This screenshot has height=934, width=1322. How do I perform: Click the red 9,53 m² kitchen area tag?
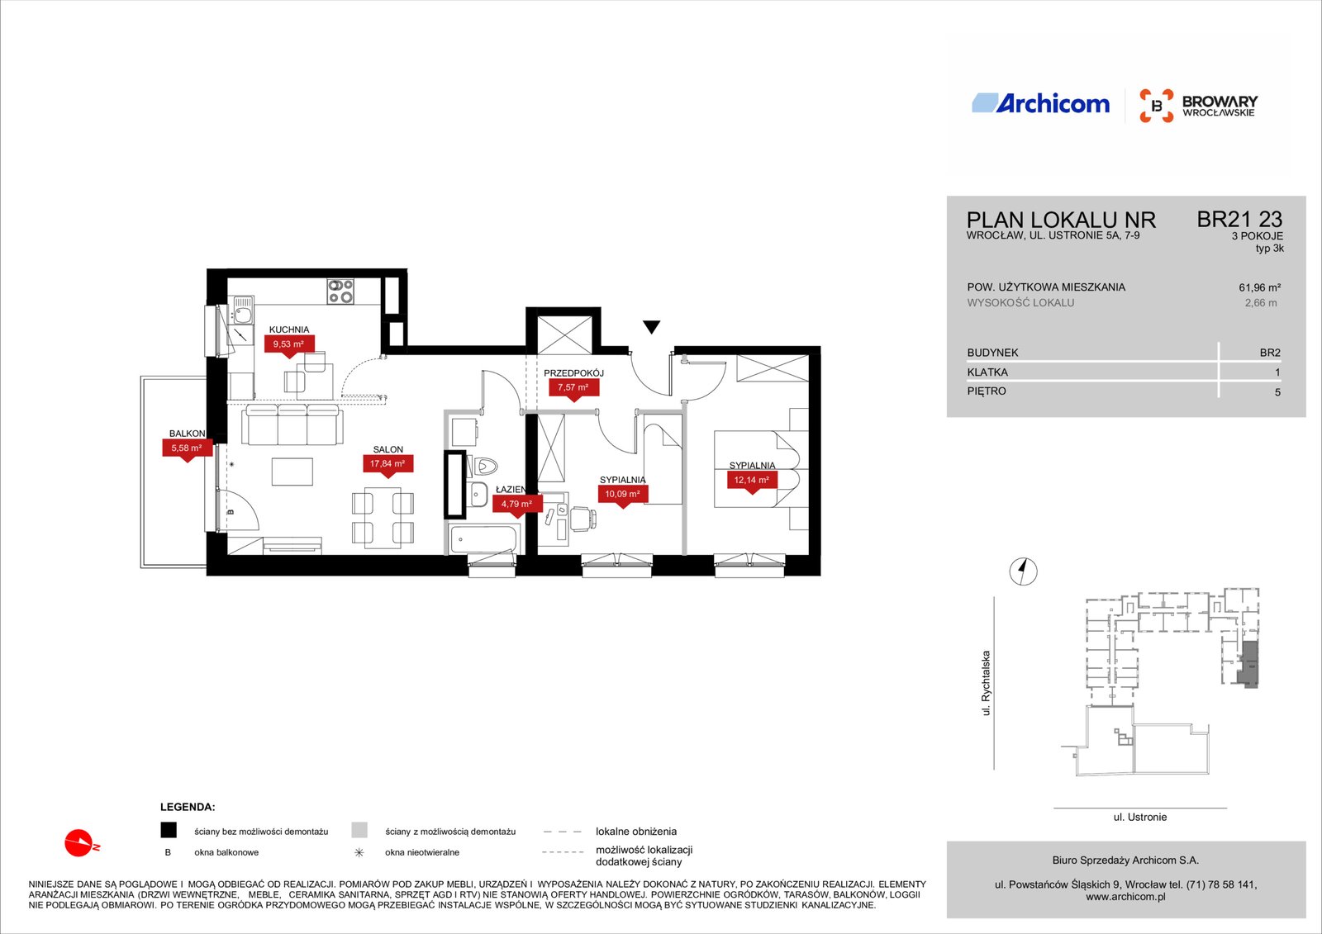click(x=288, y=344)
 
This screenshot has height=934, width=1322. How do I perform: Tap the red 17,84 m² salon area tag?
click(x=388, y=464)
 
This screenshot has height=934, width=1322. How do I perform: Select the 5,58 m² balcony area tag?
click(x=187, y=448)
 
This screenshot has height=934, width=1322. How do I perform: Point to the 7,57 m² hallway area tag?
click(x=573, y=387)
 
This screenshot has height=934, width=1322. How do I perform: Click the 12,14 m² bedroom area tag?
click(x=751, y=481)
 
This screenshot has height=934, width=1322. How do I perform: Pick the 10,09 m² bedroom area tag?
click(x=623, y=495)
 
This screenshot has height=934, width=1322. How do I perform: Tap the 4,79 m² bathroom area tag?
click(x=517, y=504)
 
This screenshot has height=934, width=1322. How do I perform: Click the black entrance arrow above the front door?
click(x=652, y=327)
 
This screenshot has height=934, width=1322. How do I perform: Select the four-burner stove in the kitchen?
click(x=340, y=292)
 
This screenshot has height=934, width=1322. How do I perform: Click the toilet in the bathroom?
click(x=483, y=467)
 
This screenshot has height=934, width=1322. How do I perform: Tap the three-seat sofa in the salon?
click(x=292, y=424)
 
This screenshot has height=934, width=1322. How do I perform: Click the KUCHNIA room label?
click(x=289, y=330)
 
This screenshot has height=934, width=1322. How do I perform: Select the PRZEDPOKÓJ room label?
click(x=573, y=373)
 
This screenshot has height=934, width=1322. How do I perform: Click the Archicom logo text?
click(x=1053, y=104)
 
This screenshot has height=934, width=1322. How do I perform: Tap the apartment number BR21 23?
click(x=1239, y=220)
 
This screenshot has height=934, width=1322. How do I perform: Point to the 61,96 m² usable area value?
click(x=1259, y=288)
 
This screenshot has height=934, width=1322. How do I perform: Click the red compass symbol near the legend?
click(x=81, y=843)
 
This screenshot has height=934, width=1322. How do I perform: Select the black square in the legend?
click(x=169, y=830)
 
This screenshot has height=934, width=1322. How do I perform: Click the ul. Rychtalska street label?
click(x=986, y=683)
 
